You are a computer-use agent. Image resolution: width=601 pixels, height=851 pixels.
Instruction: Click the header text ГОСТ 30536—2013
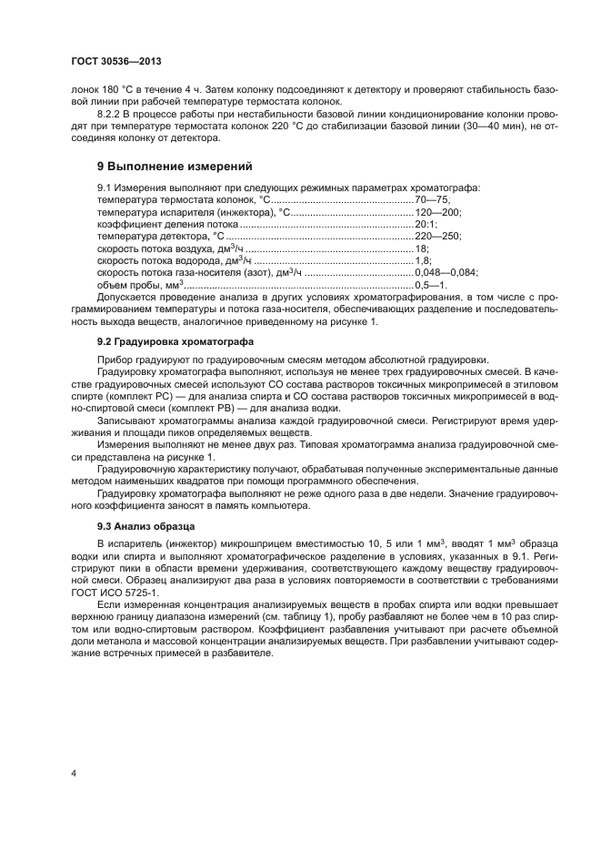[115, 62]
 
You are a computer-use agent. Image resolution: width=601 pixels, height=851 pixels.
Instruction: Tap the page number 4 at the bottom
[74, 773]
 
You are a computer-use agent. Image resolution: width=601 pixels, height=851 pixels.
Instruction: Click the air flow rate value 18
[421, 248]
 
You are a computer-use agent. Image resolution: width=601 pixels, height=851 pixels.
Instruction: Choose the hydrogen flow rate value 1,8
[423, 259]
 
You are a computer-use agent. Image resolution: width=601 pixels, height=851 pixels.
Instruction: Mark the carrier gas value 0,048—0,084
[446, 272]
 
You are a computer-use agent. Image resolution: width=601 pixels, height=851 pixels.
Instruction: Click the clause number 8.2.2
[111, 117]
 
